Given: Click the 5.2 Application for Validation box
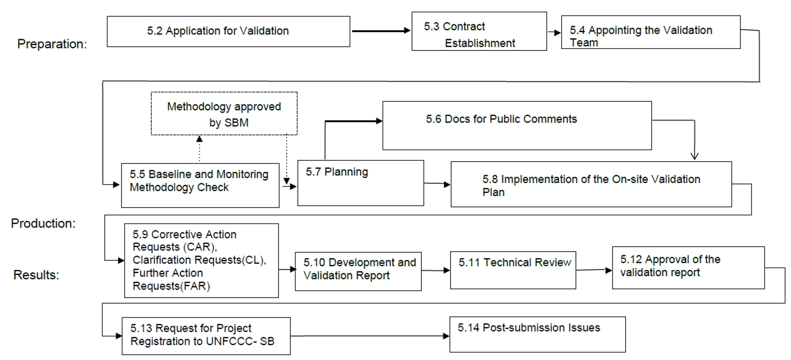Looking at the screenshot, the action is point(229,32).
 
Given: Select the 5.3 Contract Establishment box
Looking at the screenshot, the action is point(479,31).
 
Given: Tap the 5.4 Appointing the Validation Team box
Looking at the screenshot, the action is point(651,32).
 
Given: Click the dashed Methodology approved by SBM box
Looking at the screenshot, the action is point(224,114).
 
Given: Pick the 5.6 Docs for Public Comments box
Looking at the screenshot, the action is point(517,126).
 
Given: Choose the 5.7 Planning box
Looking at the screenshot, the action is point(360,183).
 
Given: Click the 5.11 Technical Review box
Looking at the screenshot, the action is point(513,270).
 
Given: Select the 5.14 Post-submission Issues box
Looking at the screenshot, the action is point(537,334).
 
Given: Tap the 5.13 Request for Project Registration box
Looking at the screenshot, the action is point(206,336).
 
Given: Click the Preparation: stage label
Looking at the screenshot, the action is point(52,44).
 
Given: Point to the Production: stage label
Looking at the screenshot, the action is point(43,223).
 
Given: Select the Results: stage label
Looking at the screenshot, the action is point(36,275).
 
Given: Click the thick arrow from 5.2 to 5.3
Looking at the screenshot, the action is point(381,31).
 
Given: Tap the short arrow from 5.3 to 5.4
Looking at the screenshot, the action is point(554,33).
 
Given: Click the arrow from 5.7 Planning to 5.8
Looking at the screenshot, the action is point(437,183).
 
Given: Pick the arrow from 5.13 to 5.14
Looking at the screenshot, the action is point(370,336).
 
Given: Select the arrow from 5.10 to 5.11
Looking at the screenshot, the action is point(436,271).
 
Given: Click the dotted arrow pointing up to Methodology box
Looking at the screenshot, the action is point(200,149).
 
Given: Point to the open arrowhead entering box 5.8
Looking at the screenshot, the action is point(695,156).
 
